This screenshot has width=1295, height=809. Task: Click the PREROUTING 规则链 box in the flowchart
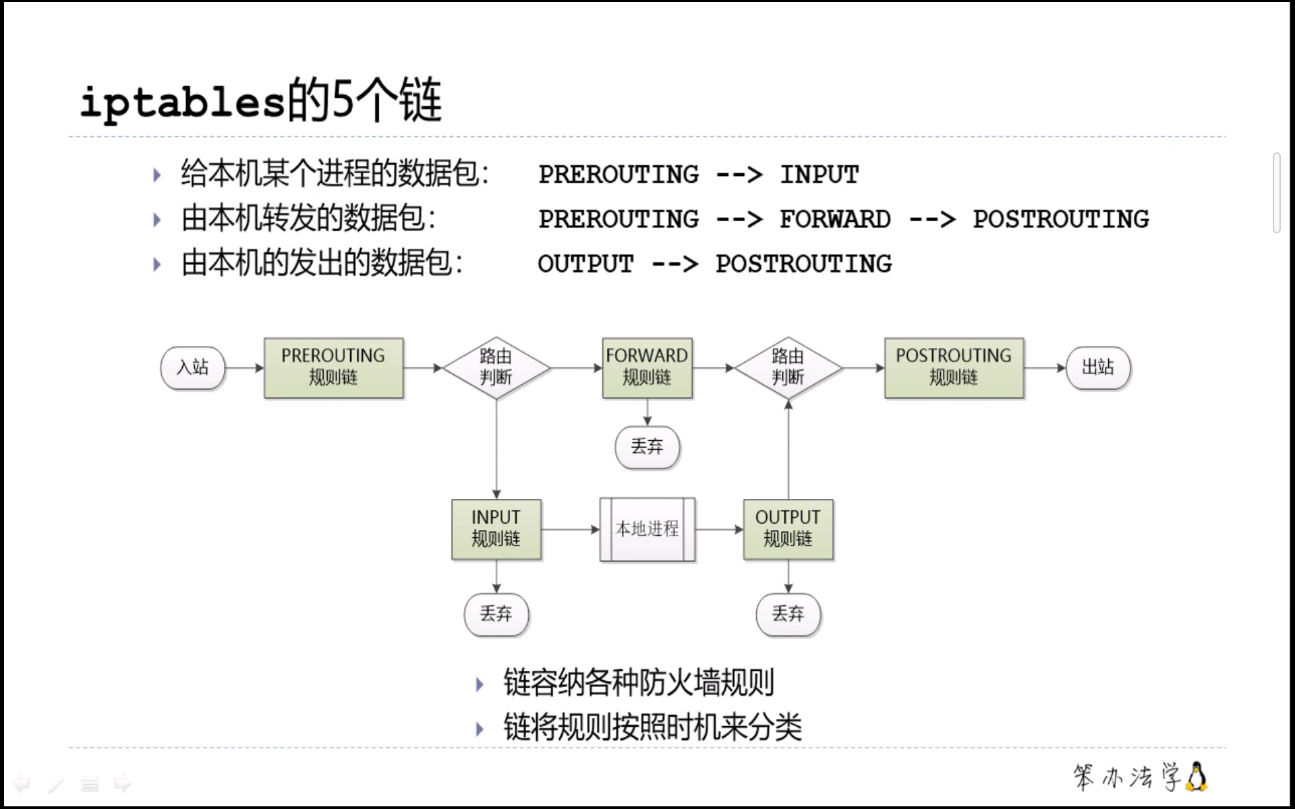(x=333, y=367)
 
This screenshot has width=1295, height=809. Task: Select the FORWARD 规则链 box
(x=647, y=367)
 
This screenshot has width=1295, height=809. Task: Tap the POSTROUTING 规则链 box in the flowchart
(x=954, y=367)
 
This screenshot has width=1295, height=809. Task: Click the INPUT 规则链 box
(x=496, y=529)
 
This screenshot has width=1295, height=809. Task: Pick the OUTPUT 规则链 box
(x=788, y=529)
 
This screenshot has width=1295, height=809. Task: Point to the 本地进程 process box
(x=647, y=529)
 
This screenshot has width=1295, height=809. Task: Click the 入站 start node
(x=193, y=367)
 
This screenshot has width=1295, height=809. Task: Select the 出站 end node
(x=1098, y=367)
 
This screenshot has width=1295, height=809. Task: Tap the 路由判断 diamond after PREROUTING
(x=496, y=367)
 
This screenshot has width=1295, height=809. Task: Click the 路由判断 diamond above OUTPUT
(x=788, y=367)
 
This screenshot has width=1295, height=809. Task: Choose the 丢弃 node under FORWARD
(x=647, y=446)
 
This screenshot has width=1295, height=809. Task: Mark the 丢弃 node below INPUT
(x=496, y=614)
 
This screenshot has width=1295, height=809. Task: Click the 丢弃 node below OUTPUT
(x=788, y=614)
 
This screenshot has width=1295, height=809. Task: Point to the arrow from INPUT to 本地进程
(x=570, y=529)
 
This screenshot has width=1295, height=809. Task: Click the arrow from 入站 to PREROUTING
(x=244, y=367)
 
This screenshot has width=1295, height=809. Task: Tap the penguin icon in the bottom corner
(x=1197, y=777)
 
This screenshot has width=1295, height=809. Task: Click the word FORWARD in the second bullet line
(x=835, y=219)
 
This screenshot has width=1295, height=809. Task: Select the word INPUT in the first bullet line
(x=819, y=175)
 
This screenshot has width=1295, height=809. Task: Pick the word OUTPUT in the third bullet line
(x=585, y=264)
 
